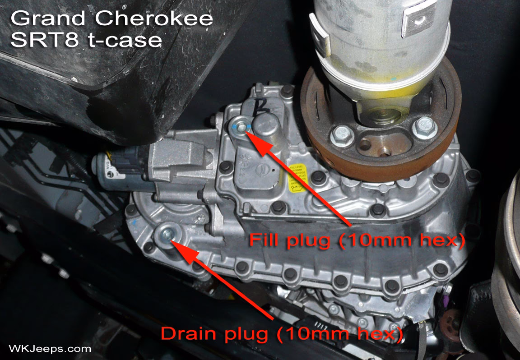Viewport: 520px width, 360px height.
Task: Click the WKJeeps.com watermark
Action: [50, 349]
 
